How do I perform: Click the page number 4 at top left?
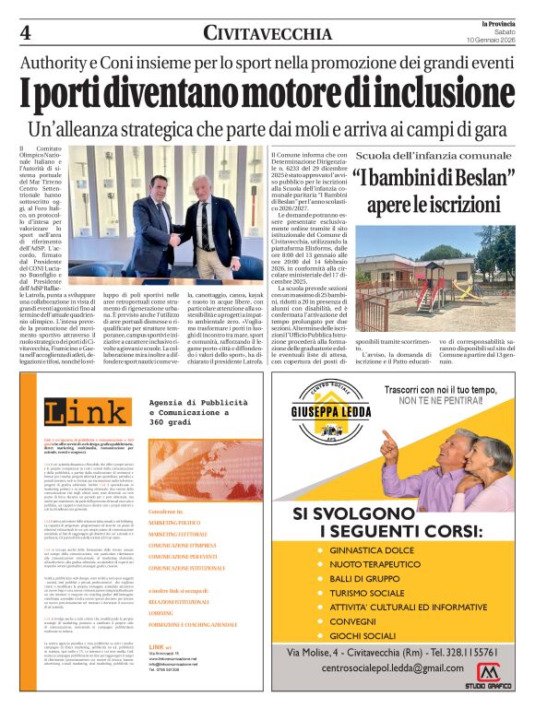[26, 33]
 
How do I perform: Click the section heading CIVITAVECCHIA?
[267, 34]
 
